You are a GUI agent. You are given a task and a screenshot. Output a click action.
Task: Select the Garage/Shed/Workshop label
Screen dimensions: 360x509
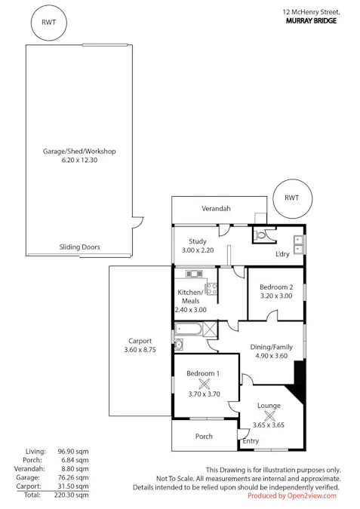pos(79,152)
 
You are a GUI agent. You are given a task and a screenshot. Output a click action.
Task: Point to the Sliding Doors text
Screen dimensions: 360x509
pos(79,247)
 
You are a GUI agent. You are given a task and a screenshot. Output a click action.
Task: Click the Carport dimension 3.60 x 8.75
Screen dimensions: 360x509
pos(140,350)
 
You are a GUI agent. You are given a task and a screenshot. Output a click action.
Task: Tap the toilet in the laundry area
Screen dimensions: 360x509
pos(260,235)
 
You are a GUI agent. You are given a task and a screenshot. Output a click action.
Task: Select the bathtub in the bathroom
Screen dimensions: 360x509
pos(189,330)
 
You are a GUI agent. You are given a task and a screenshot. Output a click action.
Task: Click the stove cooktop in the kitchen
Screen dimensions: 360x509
pos(212,289)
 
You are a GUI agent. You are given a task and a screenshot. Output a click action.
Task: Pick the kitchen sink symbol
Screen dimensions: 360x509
pos(194,274)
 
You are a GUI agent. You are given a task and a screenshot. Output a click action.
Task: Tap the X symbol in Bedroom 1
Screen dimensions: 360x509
pos(204,384)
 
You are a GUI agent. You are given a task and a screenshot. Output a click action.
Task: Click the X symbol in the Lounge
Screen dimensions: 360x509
pos(269,415)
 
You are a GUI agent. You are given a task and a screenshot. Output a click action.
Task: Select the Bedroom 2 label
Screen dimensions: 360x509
pos(276,287)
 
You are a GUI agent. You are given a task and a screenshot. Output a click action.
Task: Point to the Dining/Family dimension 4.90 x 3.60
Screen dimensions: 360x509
pos(271,356)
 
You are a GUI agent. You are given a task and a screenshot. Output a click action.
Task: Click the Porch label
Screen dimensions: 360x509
pos(204,437)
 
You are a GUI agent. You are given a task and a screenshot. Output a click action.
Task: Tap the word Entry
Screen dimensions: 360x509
pos(251,441)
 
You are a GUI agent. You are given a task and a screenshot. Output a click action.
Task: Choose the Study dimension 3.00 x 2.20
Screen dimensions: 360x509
pos(198,250)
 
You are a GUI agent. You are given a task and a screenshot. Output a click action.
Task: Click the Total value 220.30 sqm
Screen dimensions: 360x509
pos(71,495)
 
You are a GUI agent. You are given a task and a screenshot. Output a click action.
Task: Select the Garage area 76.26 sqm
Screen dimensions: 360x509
pos(73,477)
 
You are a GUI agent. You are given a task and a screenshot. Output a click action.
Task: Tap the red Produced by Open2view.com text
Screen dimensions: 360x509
pos(292,495)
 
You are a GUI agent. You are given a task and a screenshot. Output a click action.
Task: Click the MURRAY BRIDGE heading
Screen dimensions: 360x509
pos(311,21)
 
